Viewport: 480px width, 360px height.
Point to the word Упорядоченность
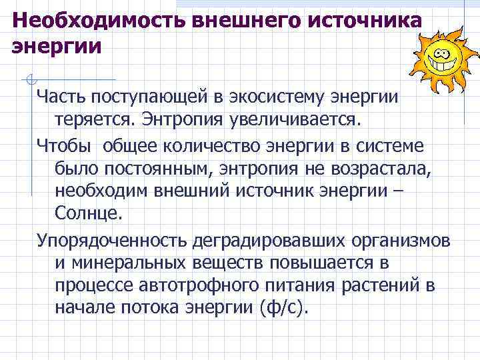[111, 239]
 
